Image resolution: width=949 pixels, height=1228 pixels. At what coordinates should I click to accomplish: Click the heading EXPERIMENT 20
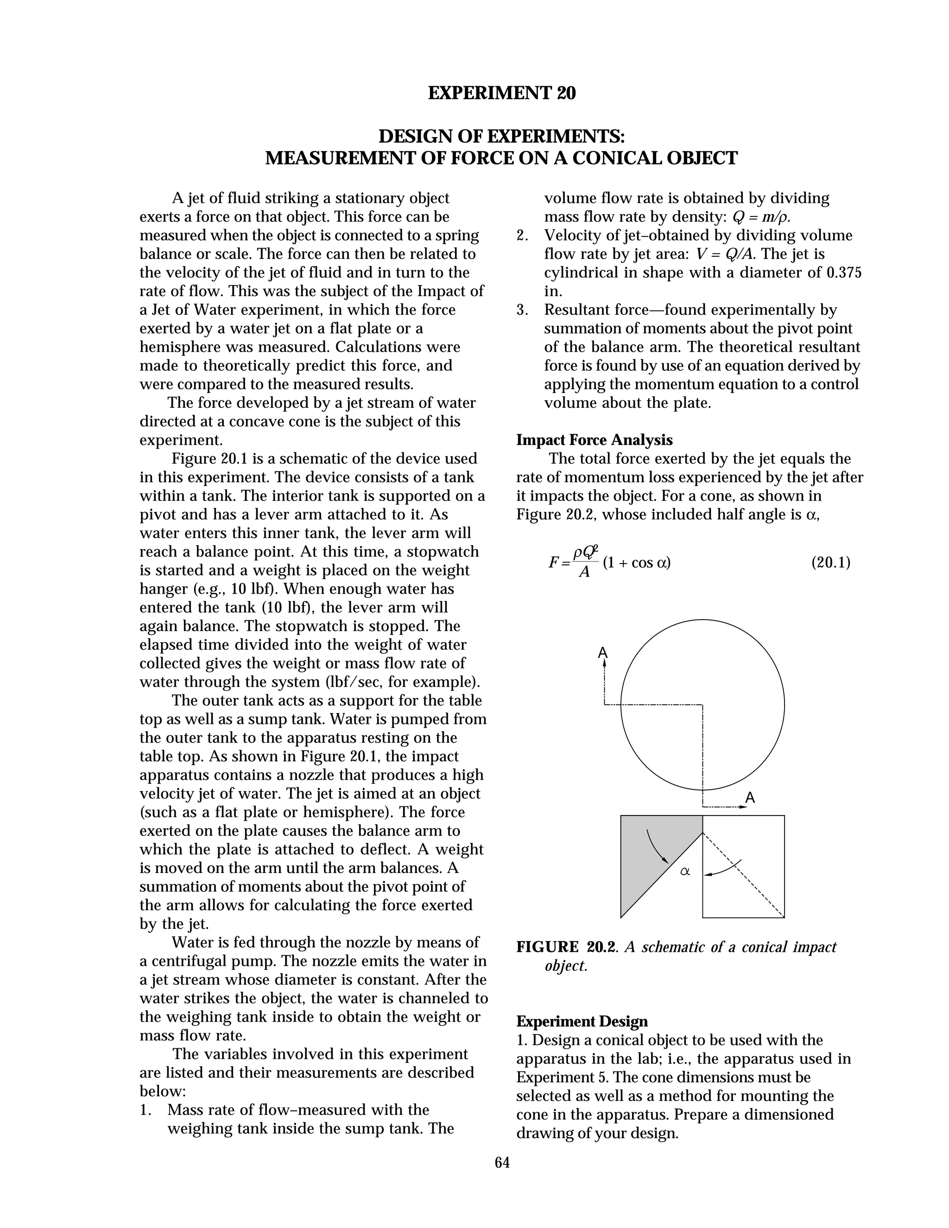pos(501,93)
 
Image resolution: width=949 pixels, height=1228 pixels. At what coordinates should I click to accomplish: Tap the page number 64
pos(502,1162)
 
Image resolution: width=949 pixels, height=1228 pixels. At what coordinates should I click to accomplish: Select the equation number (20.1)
pos(830,562)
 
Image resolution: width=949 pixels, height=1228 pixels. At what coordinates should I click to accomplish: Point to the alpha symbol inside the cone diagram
pos(685,872)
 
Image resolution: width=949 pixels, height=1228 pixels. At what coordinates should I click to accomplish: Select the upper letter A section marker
pos(603,653)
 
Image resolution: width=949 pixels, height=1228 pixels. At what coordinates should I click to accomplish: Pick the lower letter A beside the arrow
pos(750,798)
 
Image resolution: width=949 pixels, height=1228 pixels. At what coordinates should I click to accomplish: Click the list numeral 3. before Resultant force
pos(521,310)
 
